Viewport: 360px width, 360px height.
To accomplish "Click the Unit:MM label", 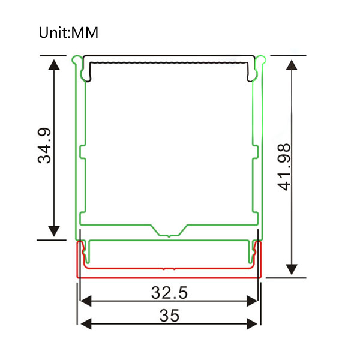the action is point(68,32).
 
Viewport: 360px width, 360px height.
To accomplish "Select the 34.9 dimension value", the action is point(44,146).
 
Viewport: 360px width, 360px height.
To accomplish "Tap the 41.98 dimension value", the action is point(284,167).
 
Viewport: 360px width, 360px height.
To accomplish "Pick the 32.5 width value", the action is point(169,293).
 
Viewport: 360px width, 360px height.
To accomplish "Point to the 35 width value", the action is point(169,316).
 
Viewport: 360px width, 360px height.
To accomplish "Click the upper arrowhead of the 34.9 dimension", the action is point(54,65).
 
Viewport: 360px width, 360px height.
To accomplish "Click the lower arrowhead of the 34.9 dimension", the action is point(54,231).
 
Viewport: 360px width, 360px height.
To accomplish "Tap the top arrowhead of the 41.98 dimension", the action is point(292,65).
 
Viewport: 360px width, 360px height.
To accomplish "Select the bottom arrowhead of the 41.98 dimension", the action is point(292,269).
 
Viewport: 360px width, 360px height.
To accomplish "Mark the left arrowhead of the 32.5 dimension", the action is point(86,301).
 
